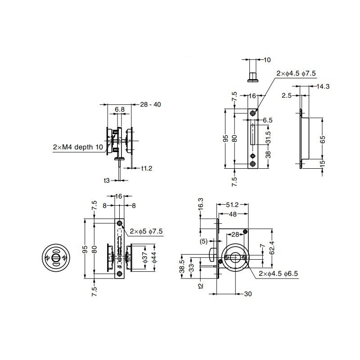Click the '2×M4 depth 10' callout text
coord(78,147)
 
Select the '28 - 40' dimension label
coord(151,104)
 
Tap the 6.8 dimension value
coord(120,109)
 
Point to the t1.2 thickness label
coord(147,168)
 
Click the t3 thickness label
coord(107,180)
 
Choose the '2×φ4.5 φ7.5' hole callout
coord(296,73)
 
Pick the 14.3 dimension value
coord(323,86)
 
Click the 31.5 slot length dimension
coord(268,137)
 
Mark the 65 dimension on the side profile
coord(322,139)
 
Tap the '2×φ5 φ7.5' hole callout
coord(146,231)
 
